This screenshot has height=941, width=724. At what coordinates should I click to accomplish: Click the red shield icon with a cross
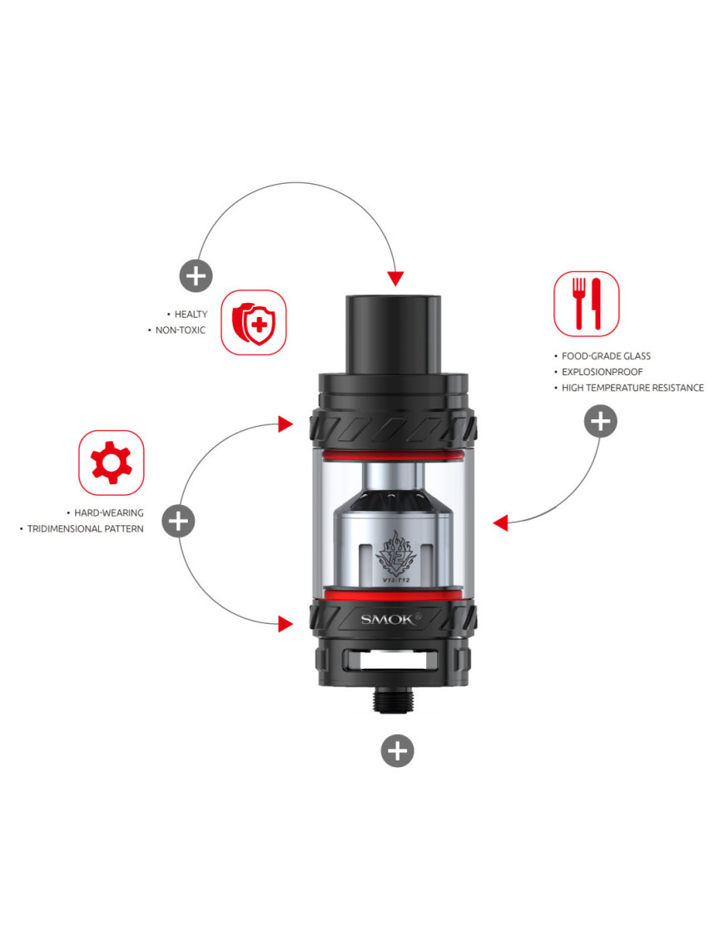pyautogui.click(x=253, y=323)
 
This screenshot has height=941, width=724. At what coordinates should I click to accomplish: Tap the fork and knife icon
pyautogui.click(x=586, y=304)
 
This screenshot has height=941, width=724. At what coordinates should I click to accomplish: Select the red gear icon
pyautogui.click(x=111, y=463)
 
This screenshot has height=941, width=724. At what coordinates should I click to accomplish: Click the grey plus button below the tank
pyautogui.click(x=398, y=750)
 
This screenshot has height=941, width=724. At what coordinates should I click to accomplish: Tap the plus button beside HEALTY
pyautogui.click(x=196, y=276)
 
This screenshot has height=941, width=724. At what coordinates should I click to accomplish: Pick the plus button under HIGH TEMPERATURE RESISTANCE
pyautogui.click(x=600, y=421)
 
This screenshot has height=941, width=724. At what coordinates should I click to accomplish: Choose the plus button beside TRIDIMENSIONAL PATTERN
pyautogui.click(x=178, y=520)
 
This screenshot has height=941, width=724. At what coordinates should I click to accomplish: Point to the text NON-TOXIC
pyautogui.click(x=180, y=330)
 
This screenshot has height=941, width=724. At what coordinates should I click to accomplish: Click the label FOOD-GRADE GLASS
pyautogui.click(x=606, y=356)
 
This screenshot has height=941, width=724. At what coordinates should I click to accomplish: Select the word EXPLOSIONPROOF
pyautogui.click(x=603, y=372)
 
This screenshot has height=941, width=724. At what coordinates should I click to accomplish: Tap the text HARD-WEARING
pyautogui.click(x=109, y=513)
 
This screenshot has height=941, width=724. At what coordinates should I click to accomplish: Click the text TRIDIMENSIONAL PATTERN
pyautogui.click(x=85, y=528)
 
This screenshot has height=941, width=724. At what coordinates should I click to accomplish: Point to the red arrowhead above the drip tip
pyautogui.click(x=395, y=278)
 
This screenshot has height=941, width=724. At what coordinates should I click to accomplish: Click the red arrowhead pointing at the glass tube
pyautogui.click(x=501, y=523)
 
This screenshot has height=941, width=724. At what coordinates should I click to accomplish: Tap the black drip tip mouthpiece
pyautogui.click(x=394, y=334)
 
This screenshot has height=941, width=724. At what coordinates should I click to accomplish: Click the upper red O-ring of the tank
pyautogui.click(x=393, y=455)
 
